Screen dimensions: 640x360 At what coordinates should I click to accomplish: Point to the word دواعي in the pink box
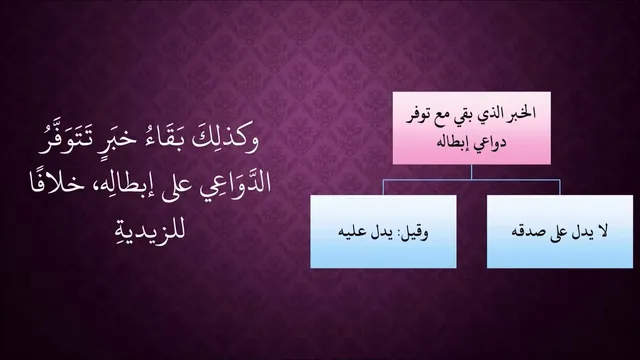point(490,143)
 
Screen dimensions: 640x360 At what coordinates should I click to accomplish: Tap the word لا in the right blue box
point(602,231)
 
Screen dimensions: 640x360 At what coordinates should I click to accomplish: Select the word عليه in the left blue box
point(350,232)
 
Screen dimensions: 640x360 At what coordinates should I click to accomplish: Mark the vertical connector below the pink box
point(471,172)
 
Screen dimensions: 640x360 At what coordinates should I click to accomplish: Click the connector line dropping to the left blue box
point(383,187)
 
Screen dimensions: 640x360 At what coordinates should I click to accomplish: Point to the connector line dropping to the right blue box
point(560,187)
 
